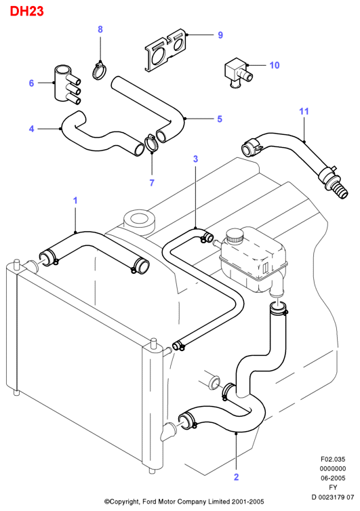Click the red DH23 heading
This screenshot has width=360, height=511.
(26, 12)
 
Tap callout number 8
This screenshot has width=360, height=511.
(100, 29)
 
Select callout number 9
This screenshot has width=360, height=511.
(220, 35)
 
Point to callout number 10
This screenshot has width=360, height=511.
(275, 65)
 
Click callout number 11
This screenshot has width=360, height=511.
(304, 111)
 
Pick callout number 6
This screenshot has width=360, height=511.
(31, 83)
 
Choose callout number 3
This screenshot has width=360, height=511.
(195, 159)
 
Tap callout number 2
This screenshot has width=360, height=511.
(237, 477)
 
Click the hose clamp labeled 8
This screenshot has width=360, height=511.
(100, 70)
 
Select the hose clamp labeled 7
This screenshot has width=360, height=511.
(151, 143)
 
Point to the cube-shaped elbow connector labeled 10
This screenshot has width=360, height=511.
(238, 73)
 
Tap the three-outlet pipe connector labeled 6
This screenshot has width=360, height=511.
(67, 85)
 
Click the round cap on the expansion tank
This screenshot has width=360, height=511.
(235, 235)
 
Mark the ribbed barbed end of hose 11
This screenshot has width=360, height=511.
(340, 191)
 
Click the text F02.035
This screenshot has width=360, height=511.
(333, 459)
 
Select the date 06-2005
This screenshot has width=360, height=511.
(333, 478)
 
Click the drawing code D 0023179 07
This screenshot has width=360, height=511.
(333, 497)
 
